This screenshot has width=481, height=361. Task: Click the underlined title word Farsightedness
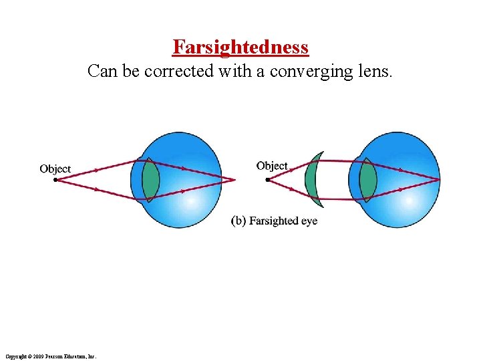coord(240,47)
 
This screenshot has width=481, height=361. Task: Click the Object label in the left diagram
coord(55,168)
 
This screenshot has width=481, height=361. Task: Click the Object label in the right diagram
coord(272,166)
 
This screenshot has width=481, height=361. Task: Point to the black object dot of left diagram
coord(55,179)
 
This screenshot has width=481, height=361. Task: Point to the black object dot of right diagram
coord(269,178)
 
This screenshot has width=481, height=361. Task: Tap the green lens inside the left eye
coord(150,179)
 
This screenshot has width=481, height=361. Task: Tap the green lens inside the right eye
coord(367,179)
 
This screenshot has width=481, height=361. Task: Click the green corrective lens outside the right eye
coord(311,179)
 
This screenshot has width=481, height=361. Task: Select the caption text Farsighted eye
coord(283,221)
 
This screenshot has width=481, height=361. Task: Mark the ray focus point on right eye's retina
coord(439,179)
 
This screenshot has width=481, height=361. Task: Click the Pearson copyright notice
coord(50,357)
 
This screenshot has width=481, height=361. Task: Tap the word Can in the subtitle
coord(101,70)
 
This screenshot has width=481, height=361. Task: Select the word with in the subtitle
coord(236,70)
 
